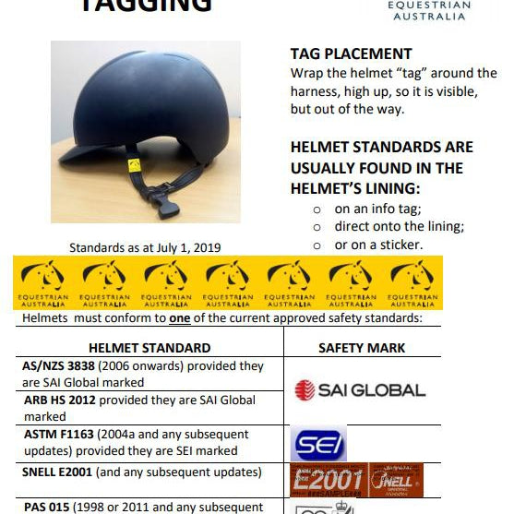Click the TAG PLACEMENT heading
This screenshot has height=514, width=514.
pos(351,54)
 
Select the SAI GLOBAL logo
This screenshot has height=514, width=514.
pos(359,390)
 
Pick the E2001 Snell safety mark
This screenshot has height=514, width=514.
pos(356,481)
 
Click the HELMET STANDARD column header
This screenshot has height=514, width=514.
pos(149,348)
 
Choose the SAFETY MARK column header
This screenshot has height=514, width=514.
pos(362,348)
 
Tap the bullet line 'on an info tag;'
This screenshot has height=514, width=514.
pos(377,209)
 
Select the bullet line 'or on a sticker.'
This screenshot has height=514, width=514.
pos(377,245)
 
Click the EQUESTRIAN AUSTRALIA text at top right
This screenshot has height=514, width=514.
pos(429,11)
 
